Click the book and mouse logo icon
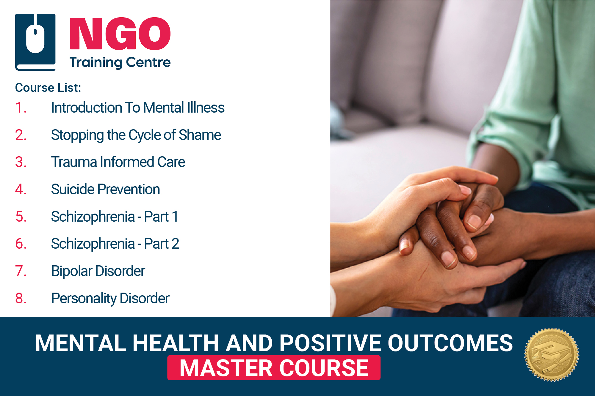tap(35, 42)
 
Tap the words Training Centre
tap(120, 62)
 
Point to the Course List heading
tap(48, 88)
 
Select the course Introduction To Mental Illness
tap(138, 108)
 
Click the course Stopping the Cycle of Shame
tap(136, 135)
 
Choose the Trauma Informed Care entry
tap(118, 162)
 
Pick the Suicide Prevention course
tap(105, 189)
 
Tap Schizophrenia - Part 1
tap(115, 217)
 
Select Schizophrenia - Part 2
tap(115, 244)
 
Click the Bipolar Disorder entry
tap(98, 271)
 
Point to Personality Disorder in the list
tap(110, 298)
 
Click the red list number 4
tap(21, 189)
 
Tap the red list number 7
tap(21, 271)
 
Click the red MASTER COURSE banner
tap(274, 368)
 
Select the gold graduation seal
tap(552, 355)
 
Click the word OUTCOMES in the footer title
tap(450, 343)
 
